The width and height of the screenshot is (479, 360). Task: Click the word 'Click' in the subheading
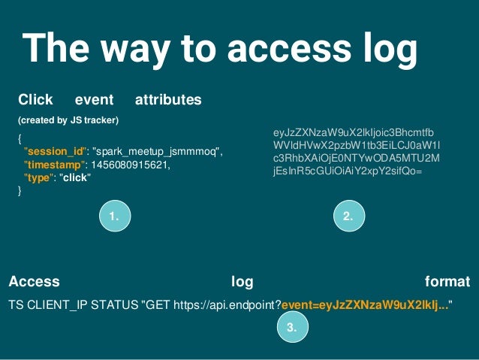pos(35,99)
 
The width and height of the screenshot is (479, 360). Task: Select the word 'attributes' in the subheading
pos(168,99)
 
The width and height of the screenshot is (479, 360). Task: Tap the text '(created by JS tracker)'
pos(68,120)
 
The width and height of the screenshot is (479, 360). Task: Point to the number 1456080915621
pos(128,165)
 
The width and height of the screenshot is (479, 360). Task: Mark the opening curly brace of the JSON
pos(20,139)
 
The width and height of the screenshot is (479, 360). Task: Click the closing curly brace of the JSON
pos(20,191)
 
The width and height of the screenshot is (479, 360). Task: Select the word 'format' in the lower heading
pos(447,282)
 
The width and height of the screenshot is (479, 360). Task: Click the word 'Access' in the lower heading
pos(34,282)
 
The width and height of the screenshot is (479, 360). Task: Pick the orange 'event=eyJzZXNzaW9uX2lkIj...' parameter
pos(365,304)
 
